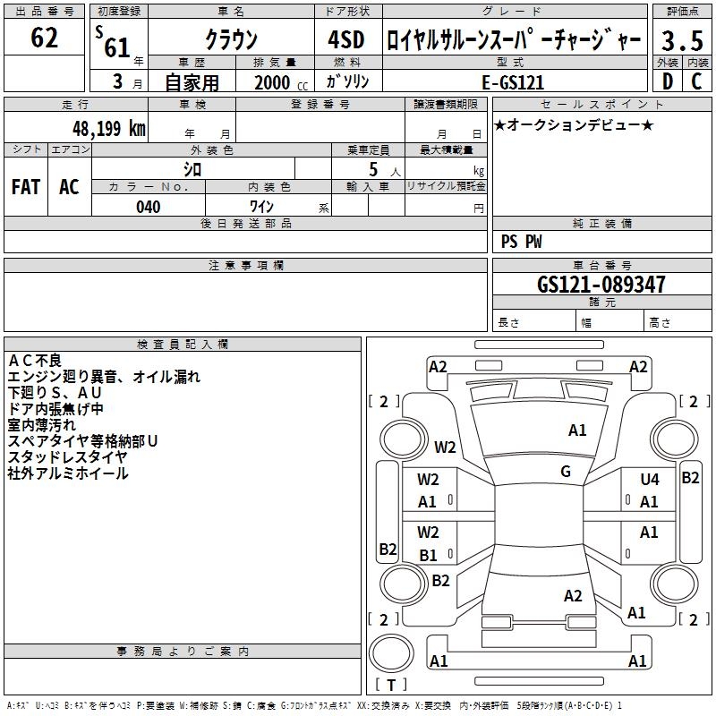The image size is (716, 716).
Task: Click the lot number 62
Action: coord(44,38)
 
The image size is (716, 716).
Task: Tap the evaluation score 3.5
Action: coord(681,40)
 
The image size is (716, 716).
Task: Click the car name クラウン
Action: coord(231,39)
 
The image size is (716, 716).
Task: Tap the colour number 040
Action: coord(148,207)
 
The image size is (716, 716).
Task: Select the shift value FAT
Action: coord(26,187)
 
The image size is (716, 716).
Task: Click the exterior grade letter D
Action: coord(667,81)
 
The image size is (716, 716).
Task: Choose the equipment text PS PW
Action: coord(521,241)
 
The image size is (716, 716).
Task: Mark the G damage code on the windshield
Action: coord(566,472)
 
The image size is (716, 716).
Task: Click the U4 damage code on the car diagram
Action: coord(649,480)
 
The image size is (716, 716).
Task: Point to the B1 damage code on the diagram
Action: coord(428,555)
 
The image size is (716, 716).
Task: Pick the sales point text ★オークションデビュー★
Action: coord(573,124)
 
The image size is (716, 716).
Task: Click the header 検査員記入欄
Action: coord(183,345)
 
